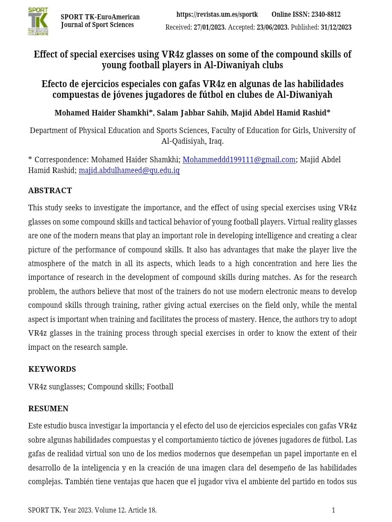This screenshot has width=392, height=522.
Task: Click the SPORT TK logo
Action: pos(38,21)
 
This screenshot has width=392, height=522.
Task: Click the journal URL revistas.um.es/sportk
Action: pos(217,15)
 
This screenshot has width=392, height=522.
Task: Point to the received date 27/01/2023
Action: pos(209,27)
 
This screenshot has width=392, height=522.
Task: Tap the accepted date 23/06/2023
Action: pos(272,27)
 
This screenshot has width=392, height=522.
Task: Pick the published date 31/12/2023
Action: pos(336,27)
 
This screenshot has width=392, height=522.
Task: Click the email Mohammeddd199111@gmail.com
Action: pos(239,160)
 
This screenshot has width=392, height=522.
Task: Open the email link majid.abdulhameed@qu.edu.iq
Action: pos(129,170)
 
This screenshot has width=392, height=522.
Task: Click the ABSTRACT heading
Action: pos(50,191)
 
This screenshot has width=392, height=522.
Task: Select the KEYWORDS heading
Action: pos(52,369)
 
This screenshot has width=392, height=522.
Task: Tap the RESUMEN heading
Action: pos(48,409)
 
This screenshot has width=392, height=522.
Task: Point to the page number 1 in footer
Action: pos(333,510)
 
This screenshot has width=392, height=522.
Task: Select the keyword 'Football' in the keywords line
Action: pos(160,387)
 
